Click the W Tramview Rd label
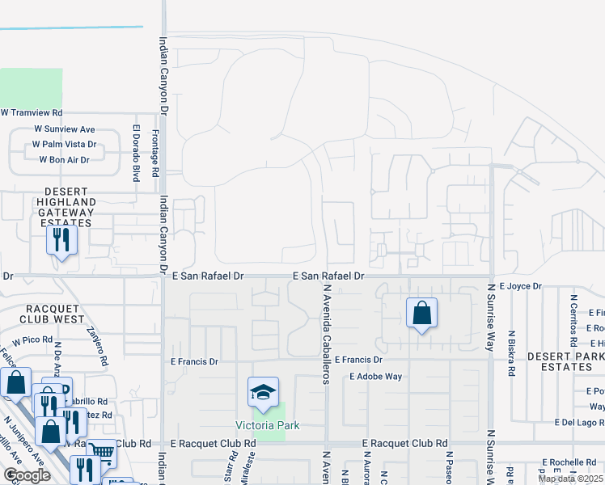[32, 113]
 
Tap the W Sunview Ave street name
[64, 129]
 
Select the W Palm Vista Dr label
[64, 145]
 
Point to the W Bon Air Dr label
[64, 160]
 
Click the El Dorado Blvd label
[137, 152]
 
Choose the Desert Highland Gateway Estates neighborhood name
[65, 213]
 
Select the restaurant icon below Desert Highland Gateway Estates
[61, 240]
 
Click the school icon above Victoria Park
[263, 393]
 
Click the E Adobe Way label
[375, 377]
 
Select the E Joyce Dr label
[520, 286]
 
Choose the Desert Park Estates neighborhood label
[565, 361]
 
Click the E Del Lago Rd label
[579, 423]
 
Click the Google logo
[27, 475]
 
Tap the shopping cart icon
[101, 453]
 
